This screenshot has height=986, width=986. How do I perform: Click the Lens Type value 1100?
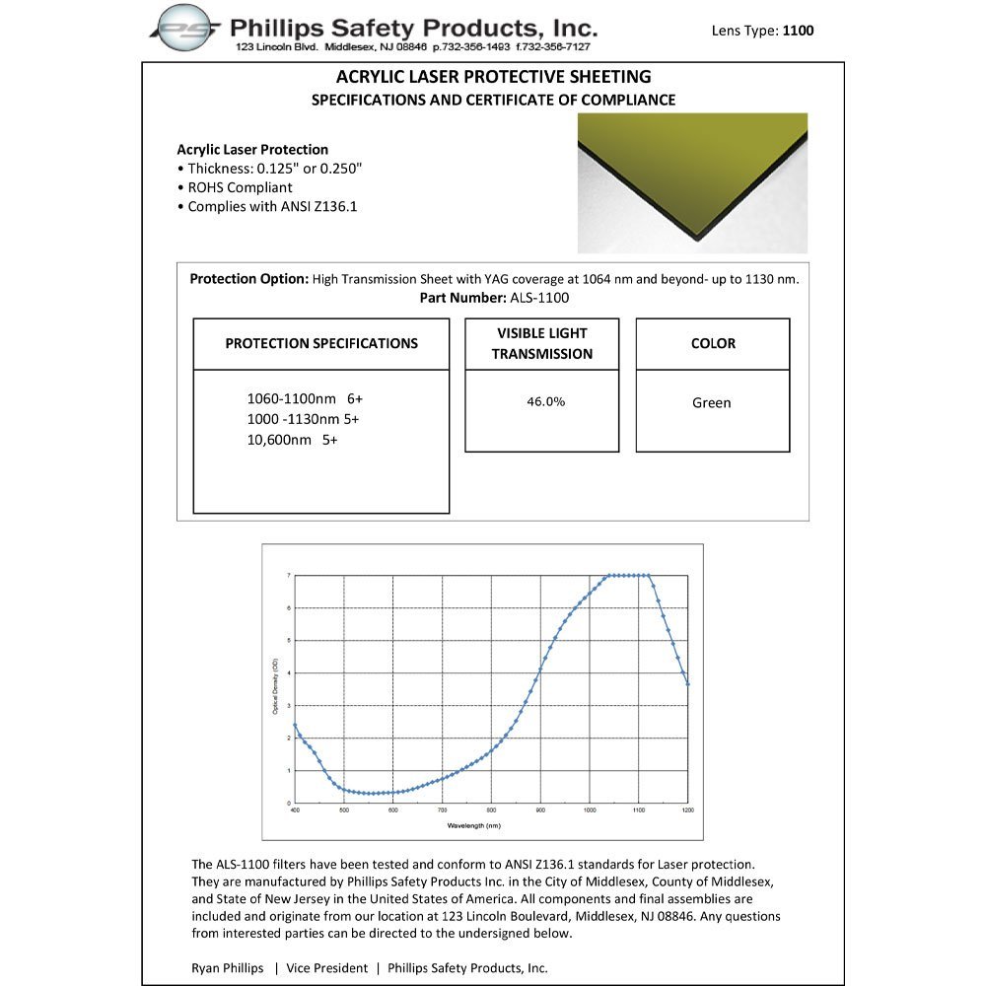click(798, 31)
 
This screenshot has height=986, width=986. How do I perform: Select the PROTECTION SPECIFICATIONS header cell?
click(321, 344)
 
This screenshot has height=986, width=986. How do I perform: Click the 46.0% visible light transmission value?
click(545, 402)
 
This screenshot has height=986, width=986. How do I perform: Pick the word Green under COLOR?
click(712, 402)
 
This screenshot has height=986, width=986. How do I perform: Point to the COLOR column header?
click(713, 344)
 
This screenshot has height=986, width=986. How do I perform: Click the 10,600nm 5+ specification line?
click(293, 441)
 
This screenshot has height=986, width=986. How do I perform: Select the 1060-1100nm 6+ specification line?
click(306, 399)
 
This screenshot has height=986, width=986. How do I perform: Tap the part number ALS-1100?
click(539, 298)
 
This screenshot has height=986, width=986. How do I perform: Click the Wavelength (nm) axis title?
click(474, 824)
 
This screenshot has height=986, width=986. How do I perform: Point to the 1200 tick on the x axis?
click(687, 810)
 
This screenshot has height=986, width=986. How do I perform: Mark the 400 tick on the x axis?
click(295, 810)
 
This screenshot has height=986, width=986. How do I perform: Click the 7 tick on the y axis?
click(288, 575)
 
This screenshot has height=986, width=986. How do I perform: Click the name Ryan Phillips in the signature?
click(228, 967)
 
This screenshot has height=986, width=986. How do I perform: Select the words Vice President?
click(327, 967)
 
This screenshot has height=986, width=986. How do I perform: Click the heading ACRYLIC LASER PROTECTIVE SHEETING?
click(493, 77)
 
